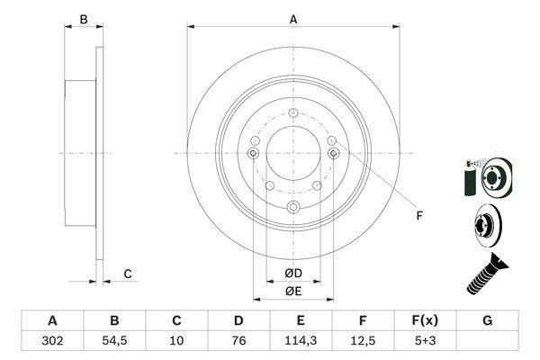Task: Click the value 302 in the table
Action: [x=52, y=341]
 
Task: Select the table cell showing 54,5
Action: [x=114, y=341]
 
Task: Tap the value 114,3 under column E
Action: [x=301, y=341]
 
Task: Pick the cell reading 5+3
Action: [x=426, y=341]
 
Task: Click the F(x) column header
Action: [x=426, y=320]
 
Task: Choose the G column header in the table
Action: [x=487, y=320]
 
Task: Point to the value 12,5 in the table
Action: [x=363, y=341]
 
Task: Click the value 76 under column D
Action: [x=238, y=341]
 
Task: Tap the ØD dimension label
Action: [x=293, y=274]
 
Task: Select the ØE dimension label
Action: [x=293, y=292]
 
